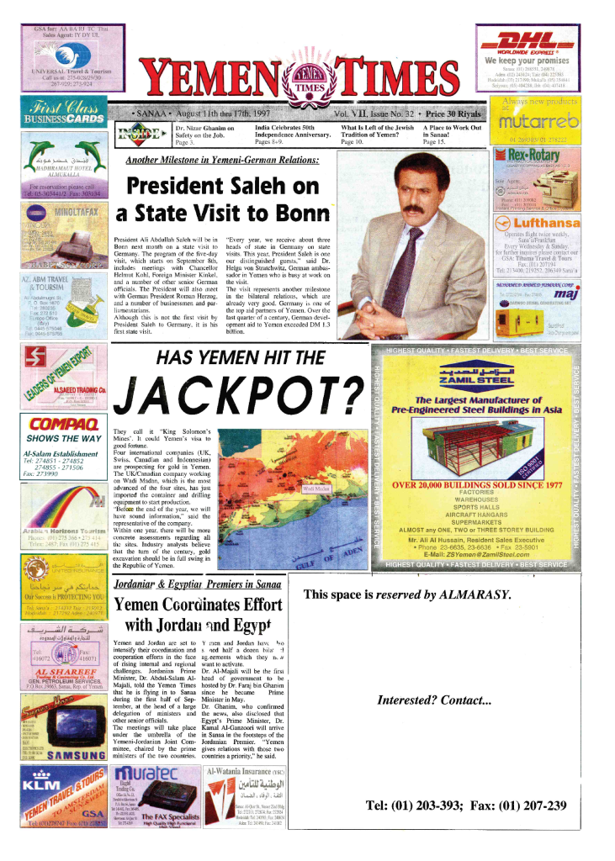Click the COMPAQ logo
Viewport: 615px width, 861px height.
tap(63, 424)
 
